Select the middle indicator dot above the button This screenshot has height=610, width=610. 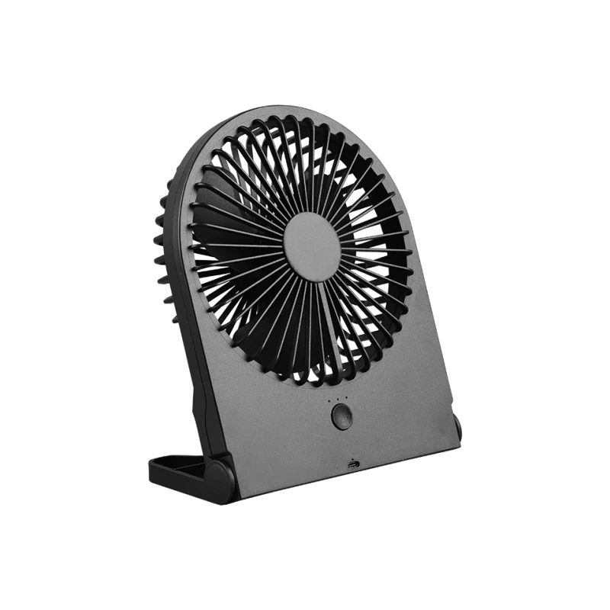(338, 400)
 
